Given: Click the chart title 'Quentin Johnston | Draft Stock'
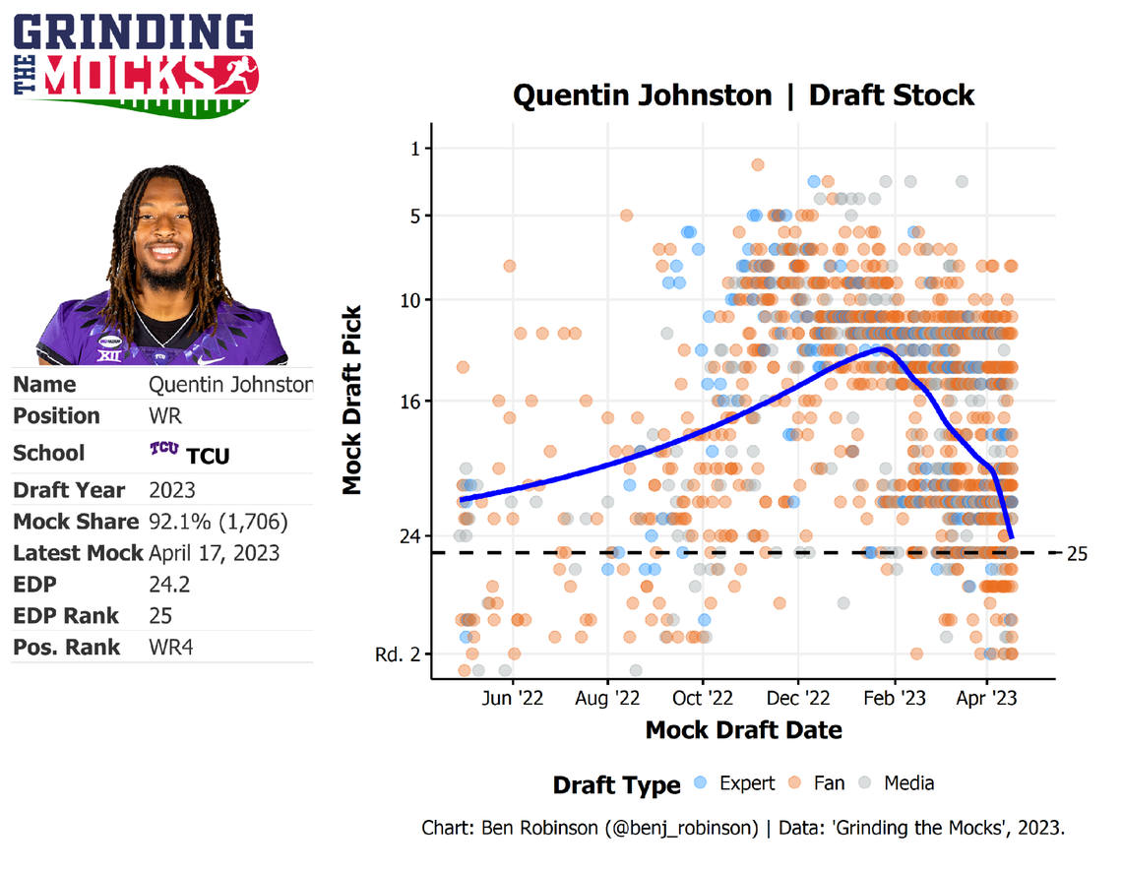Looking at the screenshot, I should click(x=743, y=95).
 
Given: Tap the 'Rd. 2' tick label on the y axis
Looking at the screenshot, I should click(x=397, y=654).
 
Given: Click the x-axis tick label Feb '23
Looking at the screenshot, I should click(x=894, y=698).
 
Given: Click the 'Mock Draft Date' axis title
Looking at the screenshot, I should click(x=743, y=730).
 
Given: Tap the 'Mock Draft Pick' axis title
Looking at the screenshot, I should click(x=352, y=402).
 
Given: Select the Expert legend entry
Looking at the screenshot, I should click(x=734, y=783).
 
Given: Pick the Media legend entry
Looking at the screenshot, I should click(x=896, y=783).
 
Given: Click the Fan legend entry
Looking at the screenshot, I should click(x=817, y=783).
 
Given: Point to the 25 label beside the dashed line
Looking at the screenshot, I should click(x=1077, y=553).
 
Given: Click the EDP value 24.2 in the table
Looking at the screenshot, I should click(x=169, y=585).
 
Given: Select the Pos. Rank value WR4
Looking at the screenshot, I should click(x=171, y=648).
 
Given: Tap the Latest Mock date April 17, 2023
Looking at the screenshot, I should click(x=214, y=553).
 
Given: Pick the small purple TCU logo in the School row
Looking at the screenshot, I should click(x=163, y=450).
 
